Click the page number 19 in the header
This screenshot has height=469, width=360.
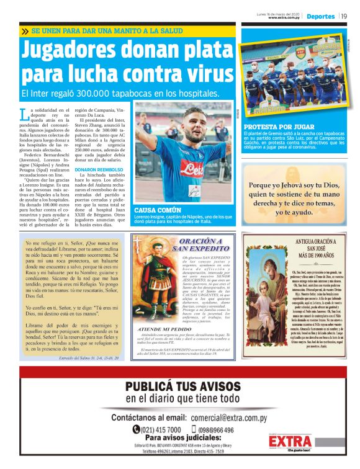coord(344,16)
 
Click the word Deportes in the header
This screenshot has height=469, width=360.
coord(320,16)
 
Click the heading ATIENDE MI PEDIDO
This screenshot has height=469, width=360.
coord(164,329)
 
